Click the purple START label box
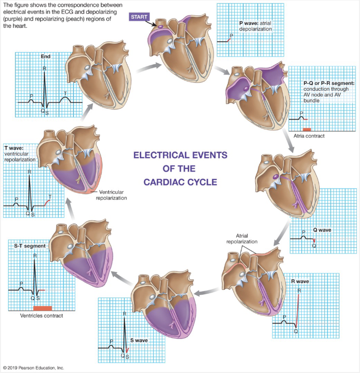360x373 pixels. (139, 17)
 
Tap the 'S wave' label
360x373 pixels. (137, 341)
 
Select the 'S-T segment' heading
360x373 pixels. (29, 246)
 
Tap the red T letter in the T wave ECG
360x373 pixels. (50, 196)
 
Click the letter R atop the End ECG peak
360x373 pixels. (44, 69)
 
